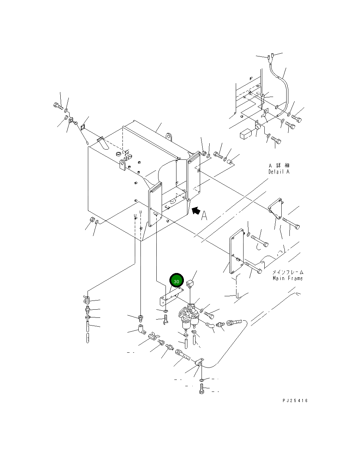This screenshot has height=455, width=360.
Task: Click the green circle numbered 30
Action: click(x=176, y=280)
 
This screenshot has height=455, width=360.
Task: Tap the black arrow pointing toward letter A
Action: click(x=196, y=210)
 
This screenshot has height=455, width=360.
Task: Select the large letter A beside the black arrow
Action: click(x=204, y=216)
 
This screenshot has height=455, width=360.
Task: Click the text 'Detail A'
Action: click(x=279, y=172)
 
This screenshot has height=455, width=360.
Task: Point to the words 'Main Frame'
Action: click(x=288, y=278)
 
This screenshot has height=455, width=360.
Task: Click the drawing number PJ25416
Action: click(x=295, y=400)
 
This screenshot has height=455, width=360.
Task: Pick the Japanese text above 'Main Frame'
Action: click(x=288, y=272)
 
